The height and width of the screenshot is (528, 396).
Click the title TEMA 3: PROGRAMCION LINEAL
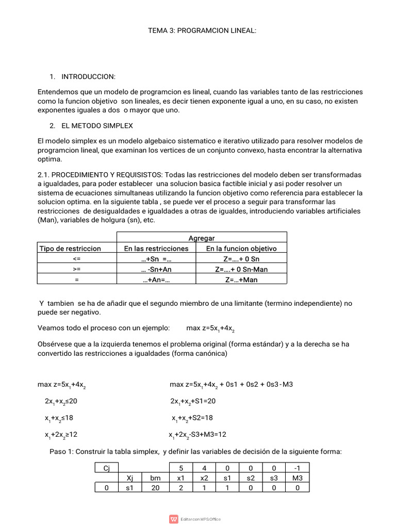click(x=202, y=31)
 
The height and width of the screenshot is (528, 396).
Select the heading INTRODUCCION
click(x=88, y=76)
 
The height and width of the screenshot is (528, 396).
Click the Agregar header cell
click(x=202, y=238)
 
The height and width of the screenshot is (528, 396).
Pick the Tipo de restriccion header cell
click(x=71, y=249)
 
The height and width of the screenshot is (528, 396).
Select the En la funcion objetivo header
click(x=241, y=249)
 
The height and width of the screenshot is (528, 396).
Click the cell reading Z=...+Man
click(x=241, y=279)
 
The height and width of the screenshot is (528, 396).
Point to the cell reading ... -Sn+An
click(x=157, y=269)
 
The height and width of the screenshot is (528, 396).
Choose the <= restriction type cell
click(x=77, y=259)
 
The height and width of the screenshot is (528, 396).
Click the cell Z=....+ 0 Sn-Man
click(x=241, y=269)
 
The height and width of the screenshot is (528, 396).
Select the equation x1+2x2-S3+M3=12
click(x=197, y=435)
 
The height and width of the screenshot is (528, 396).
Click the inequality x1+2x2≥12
click(x=61, y=435)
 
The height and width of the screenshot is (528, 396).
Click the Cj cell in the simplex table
click(x=107, y=468)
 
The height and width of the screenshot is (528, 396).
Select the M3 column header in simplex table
click(x=297, y=478)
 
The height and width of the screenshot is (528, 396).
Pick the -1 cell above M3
click(x=297, y=468)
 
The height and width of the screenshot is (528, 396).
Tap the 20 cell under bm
click(x=155, y=488)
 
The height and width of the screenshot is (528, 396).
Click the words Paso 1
click(x=62, y=451)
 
